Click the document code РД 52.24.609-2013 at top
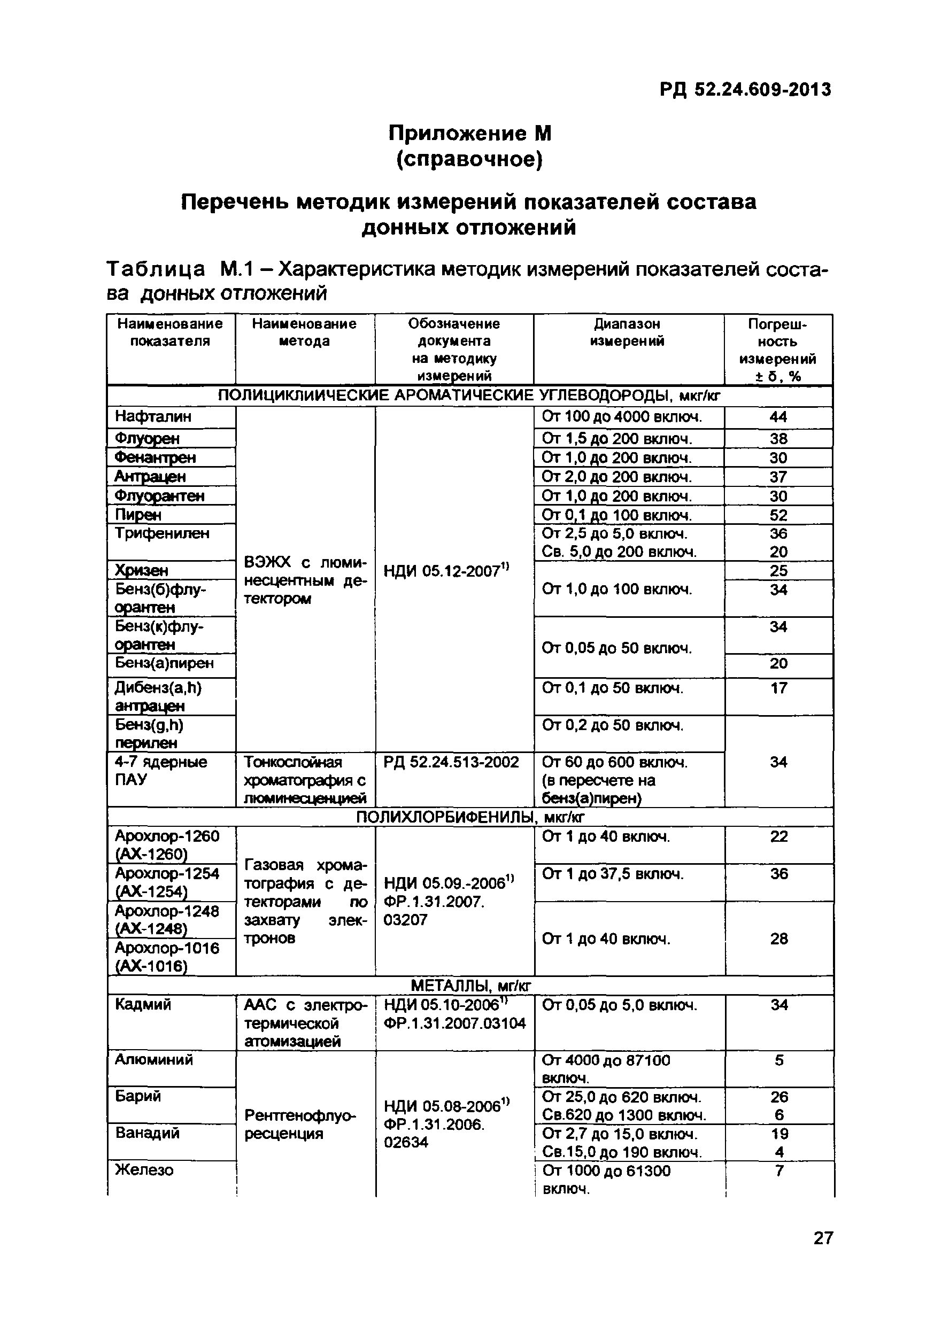click(x=745, y=89)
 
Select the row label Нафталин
click(x=153, y=416)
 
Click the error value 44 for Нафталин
click(x=778, y=417)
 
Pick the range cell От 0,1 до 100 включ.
click(x=616, y=515)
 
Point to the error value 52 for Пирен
click(x=778, y=515)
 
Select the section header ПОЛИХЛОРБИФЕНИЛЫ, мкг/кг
click(x=469, y=817)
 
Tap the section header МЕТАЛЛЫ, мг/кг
click(x=469, y=984)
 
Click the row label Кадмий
click(x=143, y=1005)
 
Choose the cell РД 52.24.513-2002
click(x=451, y=762)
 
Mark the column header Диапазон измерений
click(x=627, y=332)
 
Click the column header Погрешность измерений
click(x=777, y=350)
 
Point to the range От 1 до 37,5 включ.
click(x=612, y=874)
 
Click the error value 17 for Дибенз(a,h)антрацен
click(x=778, y=688)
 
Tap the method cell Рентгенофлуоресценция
click(x=300, y=1125)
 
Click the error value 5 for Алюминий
click(x=778, y=1060)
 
